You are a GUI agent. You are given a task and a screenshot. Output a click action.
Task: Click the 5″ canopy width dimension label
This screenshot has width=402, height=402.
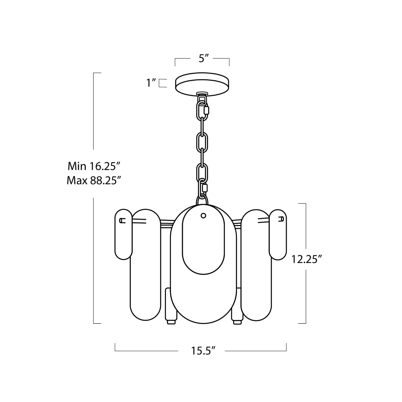click(x=204, y=58)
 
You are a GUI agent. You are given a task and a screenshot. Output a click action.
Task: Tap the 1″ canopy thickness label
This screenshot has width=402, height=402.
click(x=151, y=83)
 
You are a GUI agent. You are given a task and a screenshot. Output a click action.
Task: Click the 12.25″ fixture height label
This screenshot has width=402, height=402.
click(x=306, y=259)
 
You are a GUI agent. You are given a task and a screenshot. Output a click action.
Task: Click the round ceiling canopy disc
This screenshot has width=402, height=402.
click(x=202, y=84)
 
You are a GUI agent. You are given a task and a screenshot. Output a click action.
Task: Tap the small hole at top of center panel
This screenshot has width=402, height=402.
click(x=203, y=215)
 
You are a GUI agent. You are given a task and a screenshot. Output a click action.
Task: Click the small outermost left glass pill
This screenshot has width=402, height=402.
click(x=123, y=234)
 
